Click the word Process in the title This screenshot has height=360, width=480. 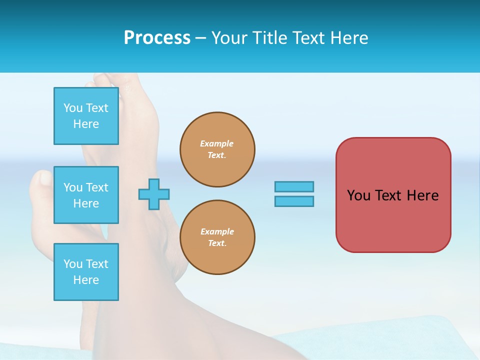click(x=157, y=38)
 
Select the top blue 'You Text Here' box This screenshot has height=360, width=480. click(x=86, y=116)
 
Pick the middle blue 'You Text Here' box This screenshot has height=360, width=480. click(x=86, y=195)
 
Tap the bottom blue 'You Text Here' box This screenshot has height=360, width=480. click(x=86, y=272)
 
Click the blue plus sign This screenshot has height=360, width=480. click(x=154, y=194)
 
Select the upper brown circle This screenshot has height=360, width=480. click(x=217, y=149)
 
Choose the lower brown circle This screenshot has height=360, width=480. click(x=217, y=237)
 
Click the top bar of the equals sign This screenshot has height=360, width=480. click(x=294, y=186)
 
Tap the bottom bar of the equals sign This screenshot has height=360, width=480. click(x=294, y=201)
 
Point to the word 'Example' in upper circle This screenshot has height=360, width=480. click(x=217, y=143)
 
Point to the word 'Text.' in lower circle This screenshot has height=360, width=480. click(x=217, y=243)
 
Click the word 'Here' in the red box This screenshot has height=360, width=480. click(x=422, y=195)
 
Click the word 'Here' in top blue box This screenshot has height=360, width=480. click(x=86, y=124)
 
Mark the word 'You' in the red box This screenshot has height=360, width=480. click(x=358, y=195)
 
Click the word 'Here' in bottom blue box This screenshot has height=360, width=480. click(x=86, y=280)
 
